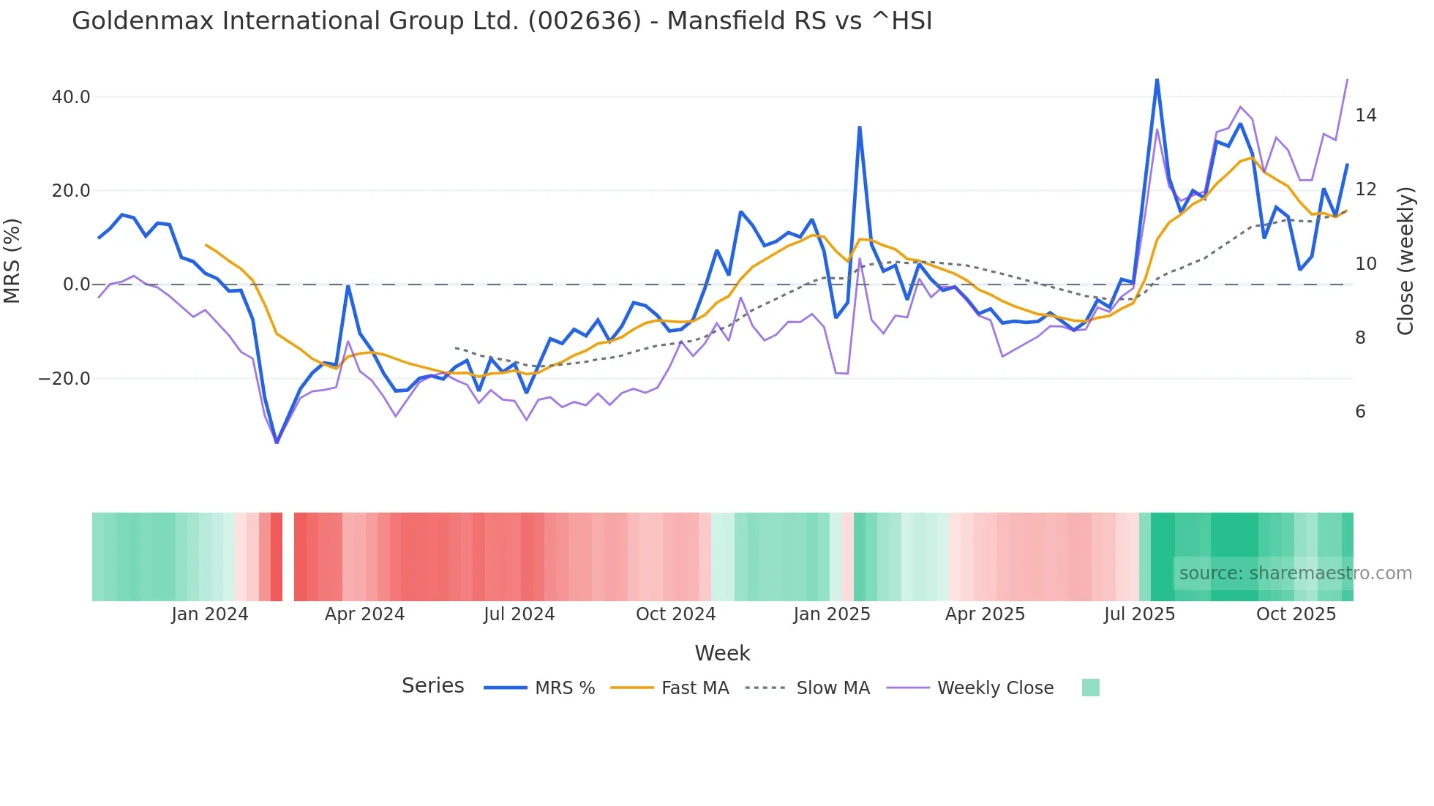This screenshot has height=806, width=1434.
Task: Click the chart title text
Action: pyautogui.click(x=502, y=21)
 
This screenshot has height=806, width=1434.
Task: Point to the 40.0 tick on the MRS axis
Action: pyautogui.click(x=71, y=97)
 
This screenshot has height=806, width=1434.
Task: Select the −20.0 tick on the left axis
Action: pyautogui.click(x=64, y=379)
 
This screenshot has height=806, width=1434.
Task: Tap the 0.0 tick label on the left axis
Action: pyautogui.click(x=76, y=285)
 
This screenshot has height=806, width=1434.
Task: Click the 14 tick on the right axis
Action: pyautogui.click(x=1365, y=116)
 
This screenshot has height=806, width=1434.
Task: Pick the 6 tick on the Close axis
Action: pyautogui.click(x=1360, y=412)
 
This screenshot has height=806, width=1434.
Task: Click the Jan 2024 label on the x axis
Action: pyautogui.click(x=210, y=614)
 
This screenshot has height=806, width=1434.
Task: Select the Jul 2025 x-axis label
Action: pyautogui.click(x=1139, y=614)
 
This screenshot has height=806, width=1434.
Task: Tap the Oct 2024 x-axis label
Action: pyautogui.click(x=675, y=614)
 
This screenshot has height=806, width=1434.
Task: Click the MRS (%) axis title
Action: pyautogui.click(x=12, y=261)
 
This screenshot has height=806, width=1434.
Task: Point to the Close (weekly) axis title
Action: pyautogui.click(x=1405, y=261)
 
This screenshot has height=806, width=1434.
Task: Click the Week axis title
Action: pyautogui.click(x=722, y=653)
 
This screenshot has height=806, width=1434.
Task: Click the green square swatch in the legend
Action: pyautogui.click(x=1090, y=688)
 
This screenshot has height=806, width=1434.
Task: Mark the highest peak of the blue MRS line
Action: pyautogui.click(x=1157, y=79)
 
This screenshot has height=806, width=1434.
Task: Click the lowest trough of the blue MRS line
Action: pyautogui.click(x=277, y=442)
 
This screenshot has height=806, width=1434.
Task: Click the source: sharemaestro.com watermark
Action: pyautogui.click(x=1295, y=573)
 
